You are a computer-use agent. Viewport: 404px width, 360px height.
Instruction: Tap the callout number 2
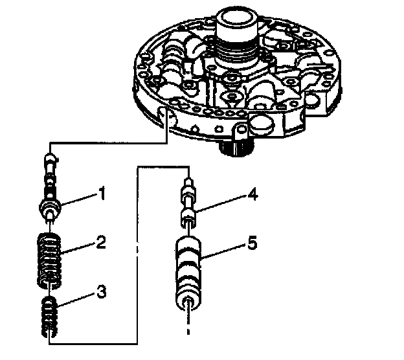point(100,244)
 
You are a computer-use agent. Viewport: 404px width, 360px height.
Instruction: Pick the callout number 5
point(252,244)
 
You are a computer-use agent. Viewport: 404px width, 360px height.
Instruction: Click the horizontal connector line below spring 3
point(91,343)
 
